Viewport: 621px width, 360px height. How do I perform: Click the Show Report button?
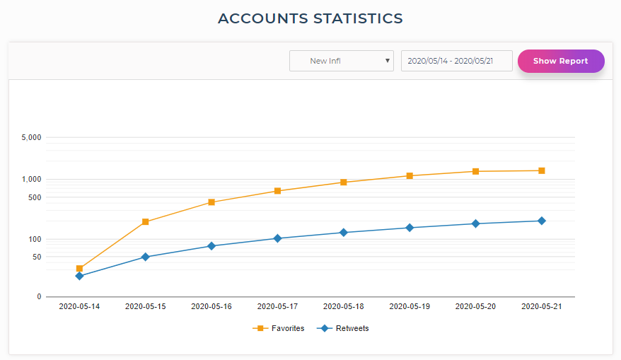[x=561, y=61]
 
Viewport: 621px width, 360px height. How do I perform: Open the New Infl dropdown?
[x=341, y=61]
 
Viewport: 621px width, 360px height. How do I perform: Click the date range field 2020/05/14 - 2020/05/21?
[x=456, y=61]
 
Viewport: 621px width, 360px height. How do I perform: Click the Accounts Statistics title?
[x=310, y=18]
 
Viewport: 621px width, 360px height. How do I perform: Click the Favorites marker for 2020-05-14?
[x=79, y=269]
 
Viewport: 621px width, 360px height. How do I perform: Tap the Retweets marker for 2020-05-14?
[x=79, y=276]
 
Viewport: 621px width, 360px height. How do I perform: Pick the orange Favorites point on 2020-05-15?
[x=146, y=222]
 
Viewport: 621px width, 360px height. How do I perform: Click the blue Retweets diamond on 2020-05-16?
[x=211, y=246]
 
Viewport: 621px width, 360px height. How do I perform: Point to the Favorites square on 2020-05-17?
[x=277, y=191]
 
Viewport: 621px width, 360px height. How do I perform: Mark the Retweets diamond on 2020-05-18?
[x=344, y=233]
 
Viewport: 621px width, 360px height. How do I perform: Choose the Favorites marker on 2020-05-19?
[x=410, y=176]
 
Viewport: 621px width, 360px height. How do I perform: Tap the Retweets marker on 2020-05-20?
[x=475, y=223]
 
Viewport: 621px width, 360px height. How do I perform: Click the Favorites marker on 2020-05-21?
[x=542, y=170]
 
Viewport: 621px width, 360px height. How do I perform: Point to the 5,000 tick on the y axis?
[x=31, y=137]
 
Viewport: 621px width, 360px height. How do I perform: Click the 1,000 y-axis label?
[x=31, y=180]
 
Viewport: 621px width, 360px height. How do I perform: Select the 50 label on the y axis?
[x=37, y=257]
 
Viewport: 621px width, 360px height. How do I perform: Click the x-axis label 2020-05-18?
[x=344, y=307]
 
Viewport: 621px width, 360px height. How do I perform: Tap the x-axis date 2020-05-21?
[x=542, y=307]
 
